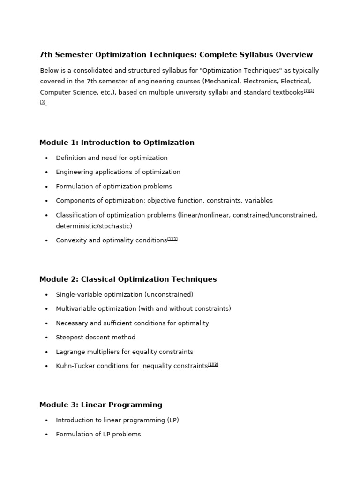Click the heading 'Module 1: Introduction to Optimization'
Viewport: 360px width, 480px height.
117,142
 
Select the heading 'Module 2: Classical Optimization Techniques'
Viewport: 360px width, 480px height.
128,279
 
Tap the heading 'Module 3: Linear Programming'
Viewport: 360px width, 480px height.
101,405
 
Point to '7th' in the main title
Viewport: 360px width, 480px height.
46,55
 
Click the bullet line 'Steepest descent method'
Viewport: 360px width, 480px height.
96,337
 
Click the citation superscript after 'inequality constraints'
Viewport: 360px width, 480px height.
213,364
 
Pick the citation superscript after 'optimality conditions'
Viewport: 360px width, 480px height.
172,239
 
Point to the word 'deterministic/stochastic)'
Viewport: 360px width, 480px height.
94,226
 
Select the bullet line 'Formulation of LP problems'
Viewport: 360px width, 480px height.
98,435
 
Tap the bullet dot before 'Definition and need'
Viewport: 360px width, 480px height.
46,158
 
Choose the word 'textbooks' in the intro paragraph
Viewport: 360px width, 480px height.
288,93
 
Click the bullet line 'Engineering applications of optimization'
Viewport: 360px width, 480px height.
118,172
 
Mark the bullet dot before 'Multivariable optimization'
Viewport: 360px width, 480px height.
46,309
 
